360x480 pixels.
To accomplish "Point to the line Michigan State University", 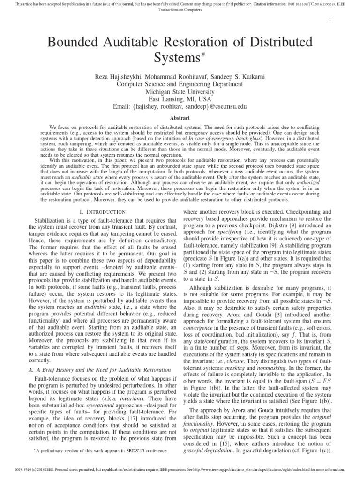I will pos(180,92).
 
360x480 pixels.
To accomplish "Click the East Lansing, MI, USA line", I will pos(180,99).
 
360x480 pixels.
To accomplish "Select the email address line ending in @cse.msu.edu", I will pos(180,107).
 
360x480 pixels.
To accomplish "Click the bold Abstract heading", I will pos(180,119).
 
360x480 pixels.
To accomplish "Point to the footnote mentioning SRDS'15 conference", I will pos(100,450).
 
